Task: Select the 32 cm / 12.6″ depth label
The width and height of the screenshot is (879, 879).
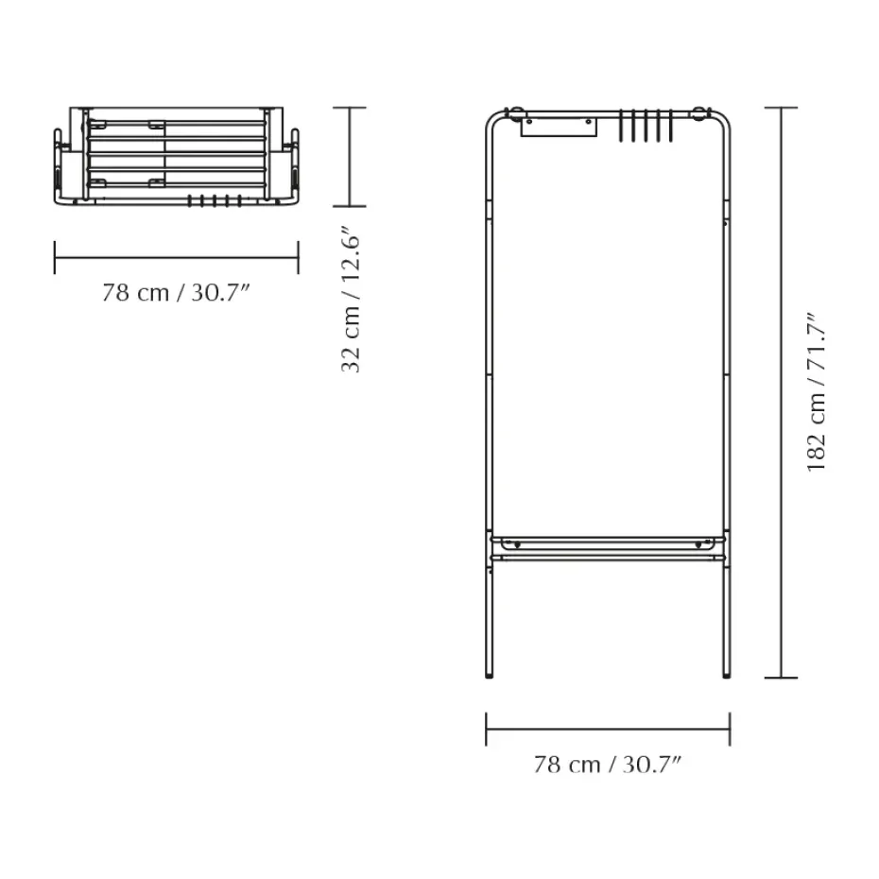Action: point(352,299)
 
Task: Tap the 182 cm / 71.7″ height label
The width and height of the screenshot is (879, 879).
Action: point(817,392)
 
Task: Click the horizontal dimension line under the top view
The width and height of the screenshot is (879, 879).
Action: point(176,258)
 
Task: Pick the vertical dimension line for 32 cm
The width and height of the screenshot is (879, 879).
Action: point(350,157)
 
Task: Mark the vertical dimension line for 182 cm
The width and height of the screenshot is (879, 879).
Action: point(781,392)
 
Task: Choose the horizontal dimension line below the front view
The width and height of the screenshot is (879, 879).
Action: point(608,730)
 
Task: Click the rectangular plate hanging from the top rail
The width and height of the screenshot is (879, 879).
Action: point(559,127)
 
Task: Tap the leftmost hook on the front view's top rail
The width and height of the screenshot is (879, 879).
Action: point(621,125)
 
